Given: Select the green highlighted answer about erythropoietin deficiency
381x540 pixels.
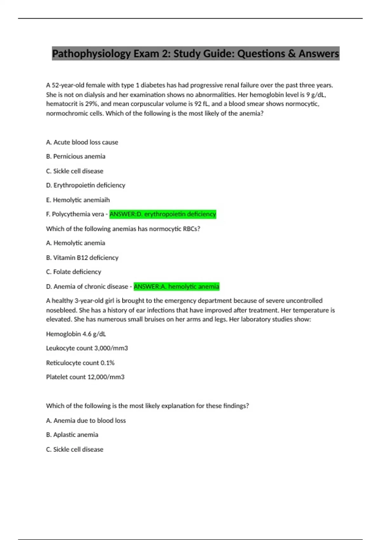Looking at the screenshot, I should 163,214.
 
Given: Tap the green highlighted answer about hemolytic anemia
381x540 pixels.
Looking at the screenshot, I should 177,287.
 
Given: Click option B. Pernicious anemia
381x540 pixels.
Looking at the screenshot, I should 76,156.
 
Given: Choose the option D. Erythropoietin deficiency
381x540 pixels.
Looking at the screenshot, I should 86,185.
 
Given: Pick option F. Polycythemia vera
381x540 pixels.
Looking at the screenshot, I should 75,214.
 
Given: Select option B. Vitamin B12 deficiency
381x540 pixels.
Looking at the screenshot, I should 82,258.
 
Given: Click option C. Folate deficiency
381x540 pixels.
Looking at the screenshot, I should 73,272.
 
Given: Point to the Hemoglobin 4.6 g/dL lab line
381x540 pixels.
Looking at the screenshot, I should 76,334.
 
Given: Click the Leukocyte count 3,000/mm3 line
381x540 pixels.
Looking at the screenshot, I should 87,348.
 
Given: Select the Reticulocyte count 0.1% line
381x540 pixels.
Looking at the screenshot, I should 80,363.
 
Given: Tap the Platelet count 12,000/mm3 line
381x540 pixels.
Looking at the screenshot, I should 85,377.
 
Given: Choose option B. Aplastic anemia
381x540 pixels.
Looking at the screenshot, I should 72,435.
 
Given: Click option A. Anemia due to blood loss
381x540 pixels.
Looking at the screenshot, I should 86,421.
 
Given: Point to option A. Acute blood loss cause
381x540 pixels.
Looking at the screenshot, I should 82,142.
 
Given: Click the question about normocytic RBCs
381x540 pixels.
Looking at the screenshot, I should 123,229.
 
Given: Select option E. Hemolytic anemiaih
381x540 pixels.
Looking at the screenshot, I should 78,200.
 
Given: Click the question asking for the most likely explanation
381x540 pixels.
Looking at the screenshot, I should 147,406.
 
